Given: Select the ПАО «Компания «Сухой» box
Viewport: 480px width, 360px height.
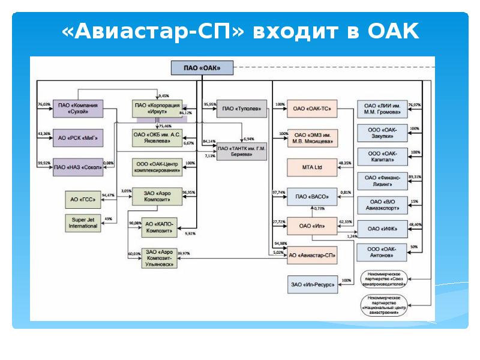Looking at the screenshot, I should pos(77,109).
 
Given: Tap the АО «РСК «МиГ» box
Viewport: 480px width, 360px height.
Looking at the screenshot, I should pos(77,137).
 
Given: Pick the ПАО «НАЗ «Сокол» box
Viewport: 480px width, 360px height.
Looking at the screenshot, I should pos(77,166).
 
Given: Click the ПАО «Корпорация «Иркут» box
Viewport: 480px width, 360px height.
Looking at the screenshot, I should pos(157,109).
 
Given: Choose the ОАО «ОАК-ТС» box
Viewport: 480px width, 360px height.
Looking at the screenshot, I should pos(312,109).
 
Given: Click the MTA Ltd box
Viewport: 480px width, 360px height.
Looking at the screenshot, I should pos(312,167).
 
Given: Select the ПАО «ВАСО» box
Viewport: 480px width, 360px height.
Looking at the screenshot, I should pos(312,196).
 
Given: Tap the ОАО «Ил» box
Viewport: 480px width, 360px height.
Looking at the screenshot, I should pos(312,227).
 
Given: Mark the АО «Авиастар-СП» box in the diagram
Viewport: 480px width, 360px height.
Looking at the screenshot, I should pos(312,255).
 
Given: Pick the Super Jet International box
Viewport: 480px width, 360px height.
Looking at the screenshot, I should pos(83,222).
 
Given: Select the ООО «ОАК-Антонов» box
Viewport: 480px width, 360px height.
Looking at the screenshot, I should pos(382,252).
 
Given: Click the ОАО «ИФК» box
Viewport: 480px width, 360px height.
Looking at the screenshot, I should pos(382,229).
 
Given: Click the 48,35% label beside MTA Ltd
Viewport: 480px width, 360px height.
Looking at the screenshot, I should pos(345,163).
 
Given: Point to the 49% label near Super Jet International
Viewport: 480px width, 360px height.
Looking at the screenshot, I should pos(109,218).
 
